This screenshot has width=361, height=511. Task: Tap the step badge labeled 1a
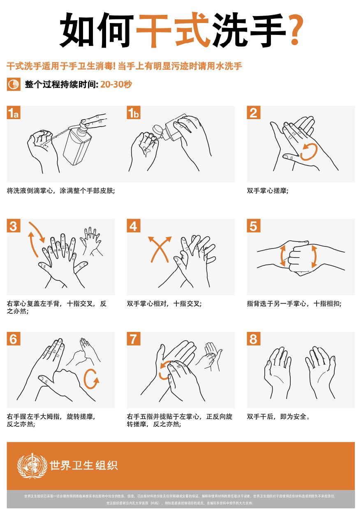pyautogui.click(x=14, y=113)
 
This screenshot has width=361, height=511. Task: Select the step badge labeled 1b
pyautogui.click(x=134, y=113)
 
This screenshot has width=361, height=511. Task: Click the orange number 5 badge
pyautogui.click(x=253, y=226)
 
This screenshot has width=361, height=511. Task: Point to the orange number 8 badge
pyautogui.click(x=253, y=339)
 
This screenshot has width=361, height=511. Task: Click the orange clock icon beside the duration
pyautogui.click(x=13, y=85)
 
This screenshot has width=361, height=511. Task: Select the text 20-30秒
pyautogui.click(x=116, y=85)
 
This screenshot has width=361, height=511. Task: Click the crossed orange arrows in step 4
pyautogui.click(x=159, y=249)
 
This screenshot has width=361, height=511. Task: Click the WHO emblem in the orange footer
pyautogui.click(x=32, y=465)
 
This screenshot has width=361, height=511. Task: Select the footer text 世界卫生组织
pyautogui.click(x=83, y=465)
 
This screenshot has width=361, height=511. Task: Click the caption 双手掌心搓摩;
pyautogui.click(x=268, y=191)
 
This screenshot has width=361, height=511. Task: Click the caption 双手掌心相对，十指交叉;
pyautogui.click(x=164, y=304)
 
